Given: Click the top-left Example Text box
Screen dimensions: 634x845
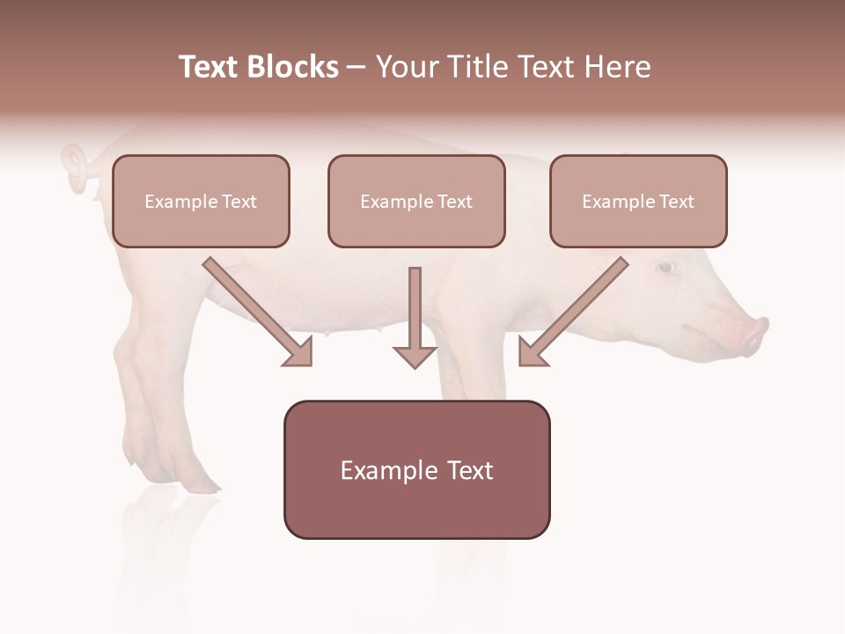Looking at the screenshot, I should pos(201,201).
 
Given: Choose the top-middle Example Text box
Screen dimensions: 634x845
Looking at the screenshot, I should pos(416,201).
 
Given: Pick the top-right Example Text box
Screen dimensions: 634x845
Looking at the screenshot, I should pos(638,201).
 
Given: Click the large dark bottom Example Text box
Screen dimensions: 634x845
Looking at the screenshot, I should pos(416,469).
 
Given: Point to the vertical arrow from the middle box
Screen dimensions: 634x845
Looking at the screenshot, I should pos(415,317).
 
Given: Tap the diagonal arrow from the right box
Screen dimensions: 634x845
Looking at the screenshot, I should pos(572,312).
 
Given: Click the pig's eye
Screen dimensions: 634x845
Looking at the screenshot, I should pos(665,267).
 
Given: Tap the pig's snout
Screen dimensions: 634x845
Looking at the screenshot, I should pos(755,335).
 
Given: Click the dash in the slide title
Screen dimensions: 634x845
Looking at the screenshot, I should pos(356,67).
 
